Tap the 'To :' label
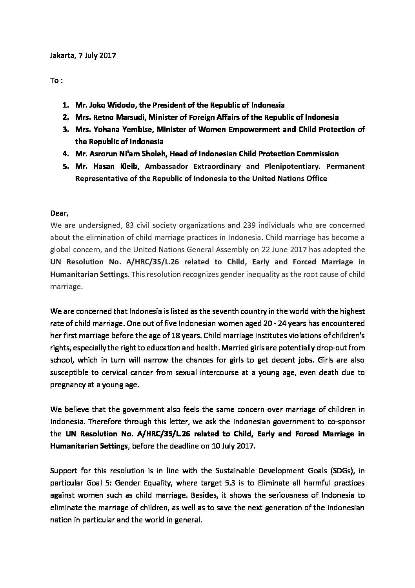coord(56,81)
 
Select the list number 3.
coord(66,129)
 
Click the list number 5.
coord(66,166)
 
